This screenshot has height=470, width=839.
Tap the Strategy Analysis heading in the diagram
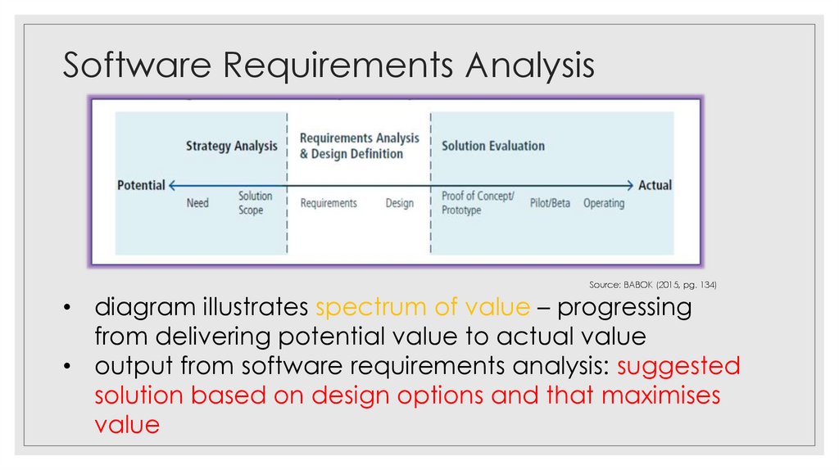pyautogui.click(x=231, y=147)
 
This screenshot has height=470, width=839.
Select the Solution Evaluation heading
pyautogui.click(x=493, y=146)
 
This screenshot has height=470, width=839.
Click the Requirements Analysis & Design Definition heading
pyautogui.click(x=359, y=146)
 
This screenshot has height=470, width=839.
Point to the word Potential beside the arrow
pyautogui.click(x=141, y=185)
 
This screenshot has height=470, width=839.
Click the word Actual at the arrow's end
pyautogui.click(x=655, y=185)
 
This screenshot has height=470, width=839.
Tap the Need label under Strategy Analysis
pyautogui.click(x=197, y=202)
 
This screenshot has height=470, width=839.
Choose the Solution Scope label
pyautogui.click(x=255, y=203)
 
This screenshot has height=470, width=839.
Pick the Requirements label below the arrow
pyautogui.click(x=329, y=203)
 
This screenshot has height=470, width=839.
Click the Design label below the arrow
pyautogui.click(x=400, y=203)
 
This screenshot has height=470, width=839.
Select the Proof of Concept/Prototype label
pyautogui.click(x=478, y=203)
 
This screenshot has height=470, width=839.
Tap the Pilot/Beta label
pyautogui.click(x=550, y=203)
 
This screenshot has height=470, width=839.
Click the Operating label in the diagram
pyautogui.click(x=604, y=203)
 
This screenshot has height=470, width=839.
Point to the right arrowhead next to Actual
pyautogui.click(x=630, y=185)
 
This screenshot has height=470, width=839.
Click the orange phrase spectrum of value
pyautogui.click(x=423, y=308)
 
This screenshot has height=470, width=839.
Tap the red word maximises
pyautogui.click(x=660, y=395)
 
